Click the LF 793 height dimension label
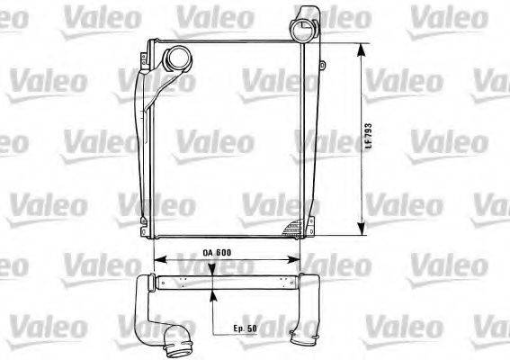pyautogui.click(x=368, y=139)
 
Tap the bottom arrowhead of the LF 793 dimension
pyautogui.click(x=361, y=229)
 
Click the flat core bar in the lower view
pyautogui.click(x=225, y=283)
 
